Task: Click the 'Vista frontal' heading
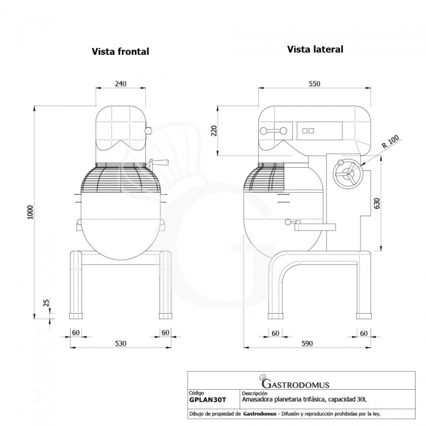pos(120,51)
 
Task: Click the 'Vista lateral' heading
pos(315,49)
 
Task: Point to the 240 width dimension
pos(121,84)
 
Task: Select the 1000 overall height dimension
pos(30,212)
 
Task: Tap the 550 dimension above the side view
pos(315,84)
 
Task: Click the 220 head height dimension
pos(214,130)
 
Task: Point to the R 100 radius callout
pos(390,142)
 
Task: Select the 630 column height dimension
pos(377,203)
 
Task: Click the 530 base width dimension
pos(121,343)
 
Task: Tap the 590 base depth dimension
pos(307,343)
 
